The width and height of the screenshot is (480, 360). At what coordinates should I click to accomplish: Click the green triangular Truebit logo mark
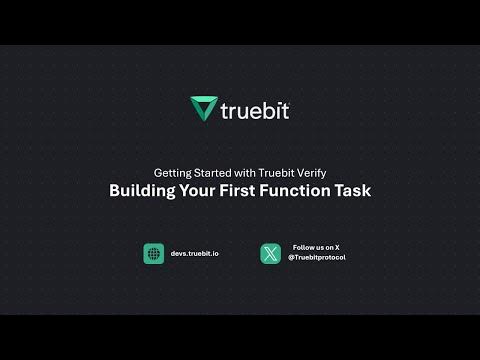203,108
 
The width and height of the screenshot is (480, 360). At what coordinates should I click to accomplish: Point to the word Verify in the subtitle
307,171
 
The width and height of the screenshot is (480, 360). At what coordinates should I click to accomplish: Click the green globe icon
153,254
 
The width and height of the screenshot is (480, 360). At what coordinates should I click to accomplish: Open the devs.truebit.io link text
195,254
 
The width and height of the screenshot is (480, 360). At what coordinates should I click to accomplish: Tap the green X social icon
270,254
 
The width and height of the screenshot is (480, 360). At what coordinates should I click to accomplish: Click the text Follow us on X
316,247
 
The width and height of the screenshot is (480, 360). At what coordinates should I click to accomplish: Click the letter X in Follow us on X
337,247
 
